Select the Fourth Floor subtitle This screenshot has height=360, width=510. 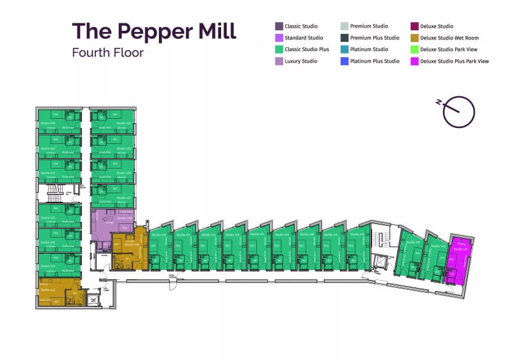pyautogui.click(x=108, y=52)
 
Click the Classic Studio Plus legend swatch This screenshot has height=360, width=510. pyautogui.click(x=279, y=50)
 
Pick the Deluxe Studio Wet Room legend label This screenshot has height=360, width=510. pyautogui.click(x=449, y=38)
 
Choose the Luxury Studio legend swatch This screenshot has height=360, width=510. pyautogui.click(x=279, y=62)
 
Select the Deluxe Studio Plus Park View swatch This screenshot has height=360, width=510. pyautogui.click(x=415, y=62)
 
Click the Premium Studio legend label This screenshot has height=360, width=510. pyautogui.click(x=369, y=26)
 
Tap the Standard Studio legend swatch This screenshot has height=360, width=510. pyautogui.click(x=279, y=38)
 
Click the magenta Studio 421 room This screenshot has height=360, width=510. pyautogui.click(x=459, y=258)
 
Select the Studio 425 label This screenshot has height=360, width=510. pyautogui.click(x=48, y=217)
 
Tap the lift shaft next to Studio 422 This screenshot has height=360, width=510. pyautogui.click(x=93, y=300)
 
